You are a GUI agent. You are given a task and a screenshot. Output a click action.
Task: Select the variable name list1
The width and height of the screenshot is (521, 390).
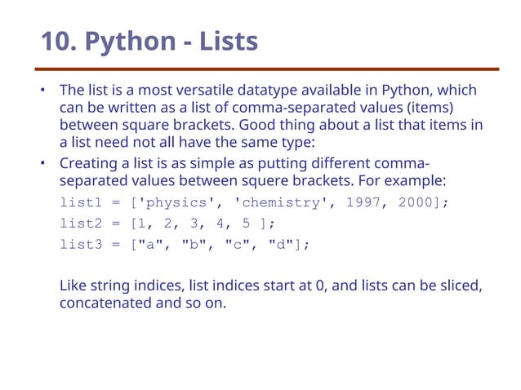coord(79,202)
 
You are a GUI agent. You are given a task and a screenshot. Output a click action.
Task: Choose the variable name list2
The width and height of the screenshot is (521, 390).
coord(79,223)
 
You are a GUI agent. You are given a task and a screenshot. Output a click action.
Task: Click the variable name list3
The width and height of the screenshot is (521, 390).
coord(79,244)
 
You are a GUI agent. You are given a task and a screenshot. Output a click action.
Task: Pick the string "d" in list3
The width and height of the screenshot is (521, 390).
coord(281,244)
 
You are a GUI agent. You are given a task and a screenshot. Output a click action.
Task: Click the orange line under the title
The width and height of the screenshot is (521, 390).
coord(269,69)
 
